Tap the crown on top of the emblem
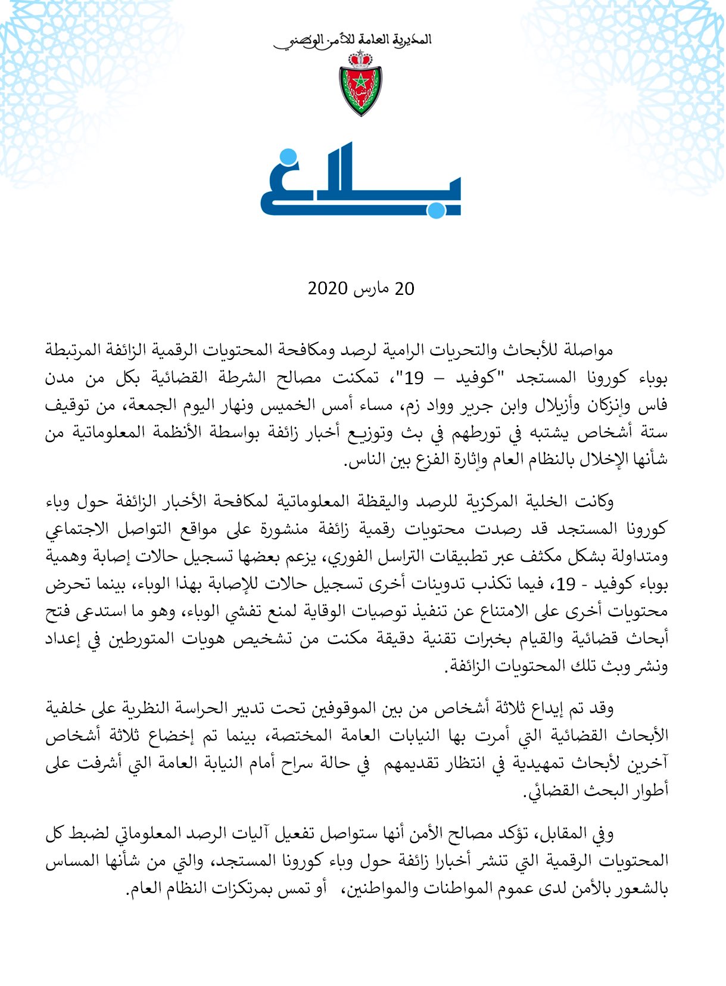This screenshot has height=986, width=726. tap(360, 58)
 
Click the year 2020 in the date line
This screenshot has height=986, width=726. tap(328, 289)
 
